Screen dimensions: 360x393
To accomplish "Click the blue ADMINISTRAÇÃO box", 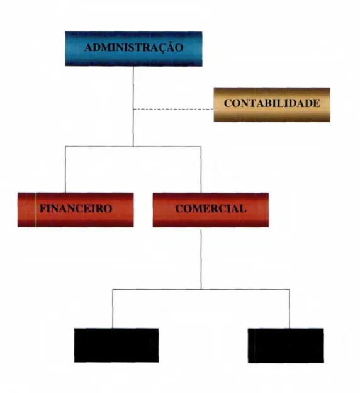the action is tap(134, 49).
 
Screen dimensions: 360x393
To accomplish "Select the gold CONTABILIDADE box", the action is tap(272, 105).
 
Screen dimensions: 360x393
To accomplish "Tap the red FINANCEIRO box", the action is tap(76, 210).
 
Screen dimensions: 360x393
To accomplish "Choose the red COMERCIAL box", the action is tap(211, 210).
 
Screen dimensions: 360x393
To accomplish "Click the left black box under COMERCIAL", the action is tap(116, 345).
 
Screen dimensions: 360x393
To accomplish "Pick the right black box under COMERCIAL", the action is tap(286, 346).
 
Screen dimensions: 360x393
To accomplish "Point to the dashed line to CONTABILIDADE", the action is tap(173, 110).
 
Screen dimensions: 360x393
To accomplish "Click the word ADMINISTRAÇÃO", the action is tap(134, 47).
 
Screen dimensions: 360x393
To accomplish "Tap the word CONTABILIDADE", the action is tap(272, 103).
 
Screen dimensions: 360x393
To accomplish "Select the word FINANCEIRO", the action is tap(76, 208).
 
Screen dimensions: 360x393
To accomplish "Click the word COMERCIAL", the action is tap(211, 208).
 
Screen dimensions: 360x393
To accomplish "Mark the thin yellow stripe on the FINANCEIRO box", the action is tap(35, 210).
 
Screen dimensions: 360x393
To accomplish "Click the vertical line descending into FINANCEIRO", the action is tap(65, 169).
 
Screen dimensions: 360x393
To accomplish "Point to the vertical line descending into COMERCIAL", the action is tap(201, 169).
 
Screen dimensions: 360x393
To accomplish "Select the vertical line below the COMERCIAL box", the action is tap(201, 258).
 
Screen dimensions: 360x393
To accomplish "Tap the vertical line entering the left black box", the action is tap(113, 309).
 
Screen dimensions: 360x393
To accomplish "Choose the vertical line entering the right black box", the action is tap(290, 309).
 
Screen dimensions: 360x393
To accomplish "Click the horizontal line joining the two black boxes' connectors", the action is tap(201, 290).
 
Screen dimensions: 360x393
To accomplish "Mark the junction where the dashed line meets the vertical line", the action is tap(133, 110).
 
